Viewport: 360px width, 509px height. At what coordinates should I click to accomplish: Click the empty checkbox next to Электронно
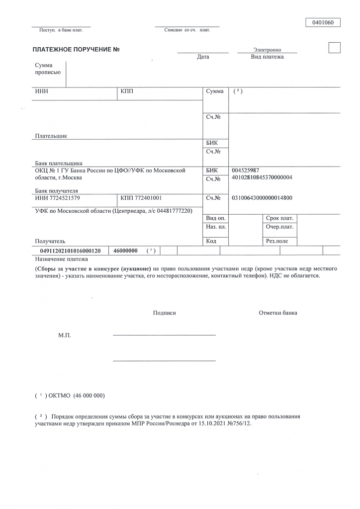point(335,48)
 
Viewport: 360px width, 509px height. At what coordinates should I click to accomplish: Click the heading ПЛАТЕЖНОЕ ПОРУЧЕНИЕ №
point(77,49)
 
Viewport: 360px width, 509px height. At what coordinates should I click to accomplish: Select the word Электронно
point(267,50)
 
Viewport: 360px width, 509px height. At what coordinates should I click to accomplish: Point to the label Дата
point(203,57)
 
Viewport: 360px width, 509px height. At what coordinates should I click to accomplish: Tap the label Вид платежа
point(267,57)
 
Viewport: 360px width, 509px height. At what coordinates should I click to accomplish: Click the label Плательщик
point(51,136)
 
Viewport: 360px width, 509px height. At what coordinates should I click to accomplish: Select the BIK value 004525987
point(245,170)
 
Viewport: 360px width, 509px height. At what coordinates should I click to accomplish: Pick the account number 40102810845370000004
point(262,177)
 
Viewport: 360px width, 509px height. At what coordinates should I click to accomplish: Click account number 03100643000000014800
point(262,198)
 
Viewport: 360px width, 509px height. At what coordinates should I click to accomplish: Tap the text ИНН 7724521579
point(57,198)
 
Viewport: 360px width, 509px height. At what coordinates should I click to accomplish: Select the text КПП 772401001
point(141,198)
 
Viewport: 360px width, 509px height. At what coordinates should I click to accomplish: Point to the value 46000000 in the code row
point(126,251)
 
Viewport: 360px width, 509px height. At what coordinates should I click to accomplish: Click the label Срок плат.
point(279,218)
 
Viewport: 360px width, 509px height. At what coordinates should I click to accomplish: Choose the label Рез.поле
point(277,241)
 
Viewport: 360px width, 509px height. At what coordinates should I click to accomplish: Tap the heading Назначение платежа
point(61,259)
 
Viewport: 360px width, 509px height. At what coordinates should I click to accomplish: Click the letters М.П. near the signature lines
point(65,336)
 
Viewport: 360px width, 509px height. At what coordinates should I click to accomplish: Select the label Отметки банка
point(278,313)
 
